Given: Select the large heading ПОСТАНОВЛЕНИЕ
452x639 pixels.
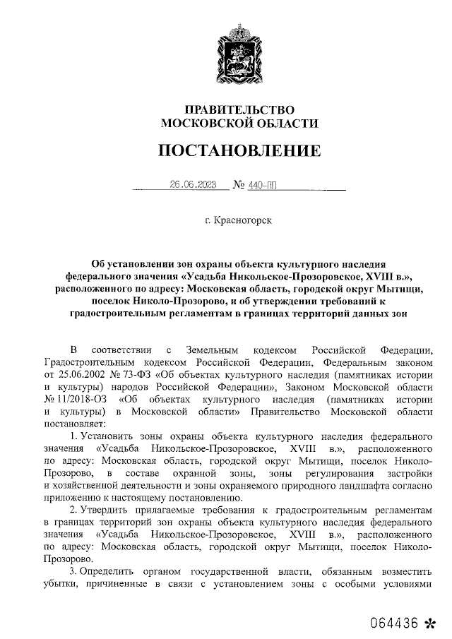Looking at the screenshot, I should pos(239,151).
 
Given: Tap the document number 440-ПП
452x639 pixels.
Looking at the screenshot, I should pos(263,185).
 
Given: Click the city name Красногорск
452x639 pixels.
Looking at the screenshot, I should pos(244,220).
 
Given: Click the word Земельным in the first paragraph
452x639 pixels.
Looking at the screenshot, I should pos(211,351).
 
